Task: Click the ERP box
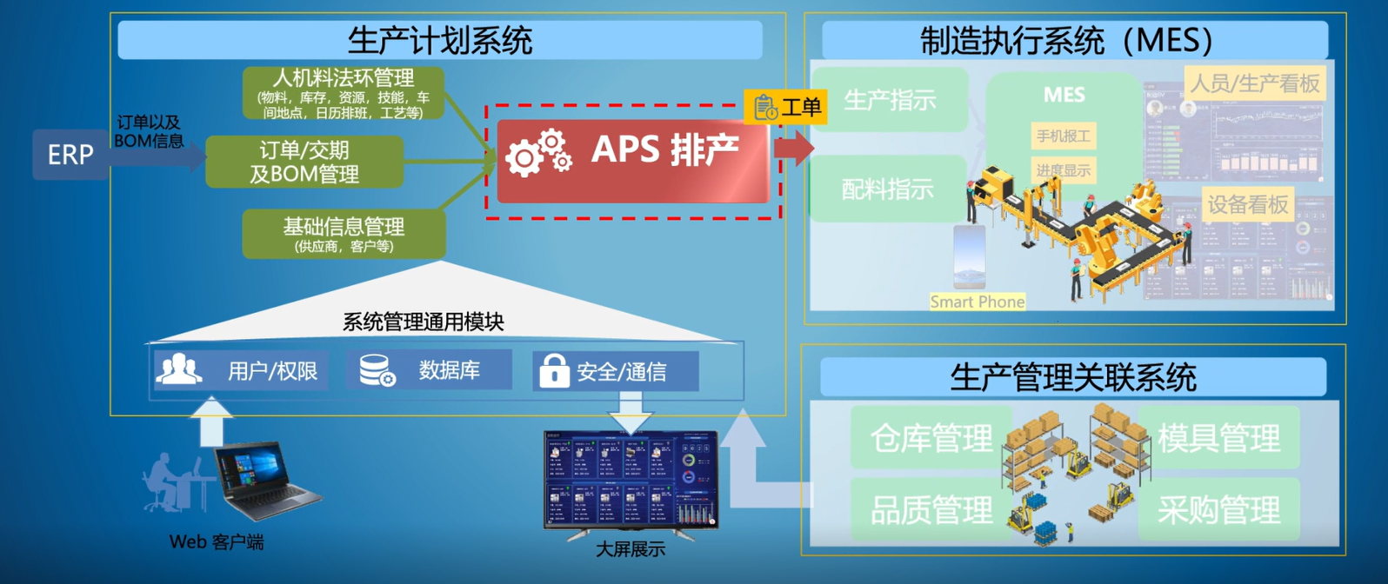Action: pyautogui.click(x=70, y=155)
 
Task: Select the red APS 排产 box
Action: pyautogui.click(x=633, y=161)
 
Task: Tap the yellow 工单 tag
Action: pyautogui.click(x=786, y=107)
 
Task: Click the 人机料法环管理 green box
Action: pyautogui.click(x=344, y=93)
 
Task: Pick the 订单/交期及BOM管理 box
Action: pyautogui.click(x=304, y=162)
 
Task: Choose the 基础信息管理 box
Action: pyautogui.click(x=344, y=234)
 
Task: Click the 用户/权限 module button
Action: pyautogui.click(x=240, y=371)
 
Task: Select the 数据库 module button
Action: pyautogui.click(x=428, y=370)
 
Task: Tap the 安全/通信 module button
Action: pyautogui.click(x=616, y=372)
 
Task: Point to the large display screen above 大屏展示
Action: pyautogui.click(x=631, y=481)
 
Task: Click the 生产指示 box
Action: pyautogui.click(x=890, y=100)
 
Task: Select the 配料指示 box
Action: pyautogui.click(x=888, y=189)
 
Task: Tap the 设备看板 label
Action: pyautogui.click(x=1247, y=204)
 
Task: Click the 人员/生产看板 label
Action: pyautogui.click(x=1255, y=83)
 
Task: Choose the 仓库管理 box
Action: pyautogui.click(x=931, y=438)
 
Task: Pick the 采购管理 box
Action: pyautogui.click(x=1218, y=510)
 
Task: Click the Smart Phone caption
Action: pyautogui.click(x=977, y=302)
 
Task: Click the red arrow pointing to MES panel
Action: pyautogui.click(x=793, y=148)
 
